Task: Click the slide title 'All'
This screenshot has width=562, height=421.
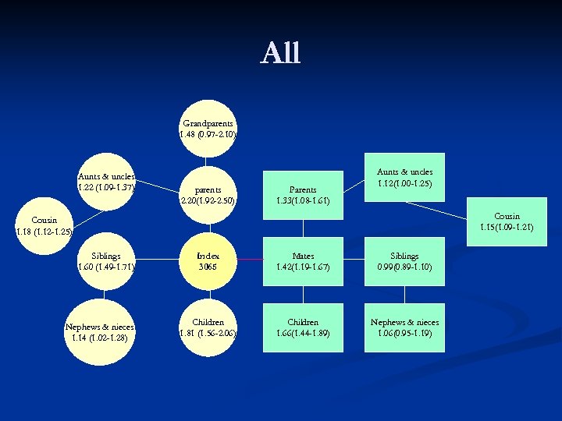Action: click(280, 53)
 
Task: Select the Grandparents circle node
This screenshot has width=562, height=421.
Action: click(208, 129)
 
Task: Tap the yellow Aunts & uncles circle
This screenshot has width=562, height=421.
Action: click(106, 182)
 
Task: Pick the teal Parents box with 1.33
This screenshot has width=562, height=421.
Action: click(303, 195)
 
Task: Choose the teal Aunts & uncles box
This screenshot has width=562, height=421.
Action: click(404, 178)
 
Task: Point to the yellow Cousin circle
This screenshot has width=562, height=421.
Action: click(44, 225)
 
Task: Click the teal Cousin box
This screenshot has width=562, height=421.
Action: click(507, 221)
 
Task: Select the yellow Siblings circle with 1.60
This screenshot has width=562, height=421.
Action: click(106, 261)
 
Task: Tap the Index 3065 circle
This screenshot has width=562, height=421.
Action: click(208, 261)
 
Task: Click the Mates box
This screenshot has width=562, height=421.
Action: click(303, 261)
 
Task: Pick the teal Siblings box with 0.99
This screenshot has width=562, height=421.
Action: click(404, 261)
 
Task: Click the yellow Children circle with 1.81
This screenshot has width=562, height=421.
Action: click(208, 327)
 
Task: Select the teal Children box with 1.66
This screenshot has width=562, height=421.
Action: click(303, 327)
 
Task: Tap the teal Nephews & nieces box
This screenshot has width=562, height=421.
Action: click(404, 327)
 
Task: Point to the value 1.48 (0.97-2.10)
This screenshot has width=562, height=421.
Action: click(208, 134)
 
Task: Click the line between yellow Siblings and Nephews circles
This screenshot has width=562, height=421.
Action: click(106, 295)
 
